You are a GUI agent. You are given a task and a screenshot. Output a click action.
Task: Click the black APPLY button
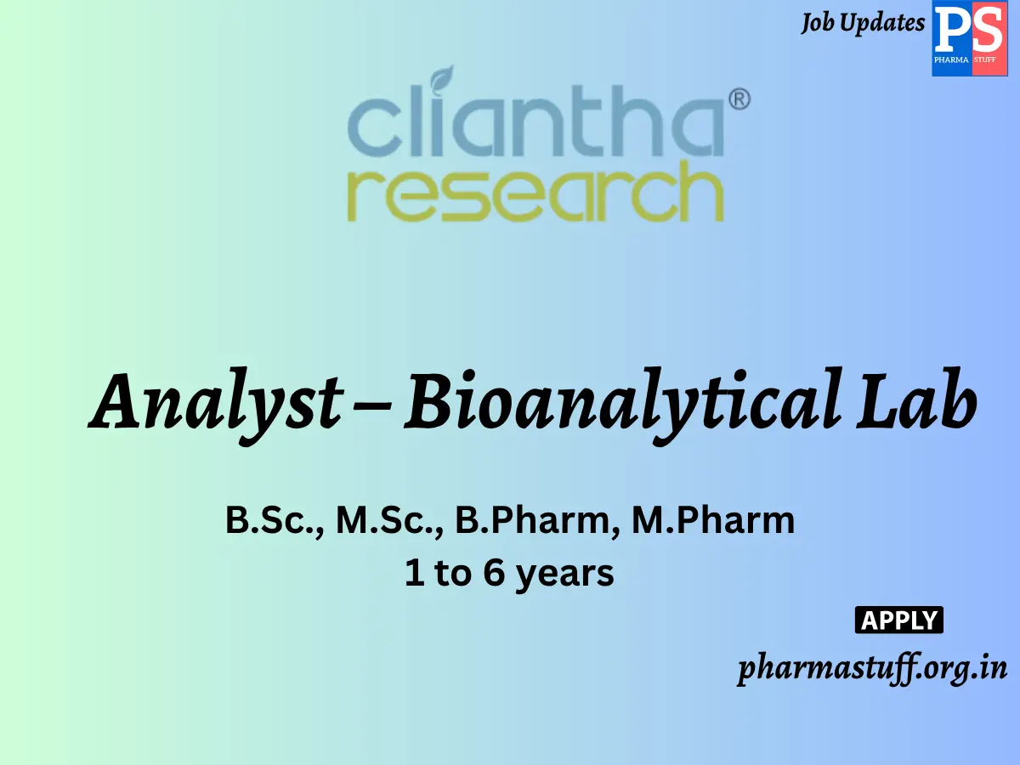898,620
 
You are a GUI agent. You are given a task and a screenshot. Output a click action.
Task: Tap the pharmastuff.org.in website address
872,669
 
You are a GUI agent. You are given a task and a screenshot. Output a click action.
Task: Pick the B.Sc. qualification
274,520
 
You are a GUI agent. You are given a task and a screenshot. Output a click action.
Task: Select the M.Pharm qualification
713,520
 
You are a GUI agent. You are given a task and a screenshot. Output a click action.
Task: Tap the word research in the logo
535,195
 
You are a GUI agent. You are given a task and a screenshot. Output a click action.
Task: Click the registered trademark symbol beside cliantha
739,100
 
